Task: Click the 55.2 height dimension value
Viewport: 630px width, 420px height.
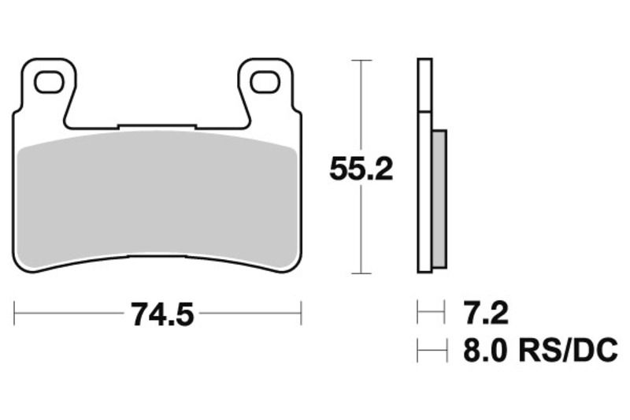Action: (x=361, y=169)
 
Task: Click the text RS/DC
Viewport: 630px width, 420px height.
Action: (x=565, y=350)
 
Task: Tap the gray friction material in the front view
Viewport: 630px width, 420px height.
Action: (x=157, y=197)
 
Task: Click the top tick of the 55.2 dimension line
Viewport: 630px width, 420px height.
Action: (x=361, y=60)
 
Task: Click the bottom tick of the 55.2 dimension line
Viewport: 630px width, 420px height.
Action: (x=361, y=273)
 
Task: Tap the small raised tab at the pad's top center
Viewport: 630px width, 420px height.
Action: (x=156, y=125)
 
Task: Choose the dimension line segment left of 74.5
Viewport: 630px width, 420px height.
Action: (x=71, y=314)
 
